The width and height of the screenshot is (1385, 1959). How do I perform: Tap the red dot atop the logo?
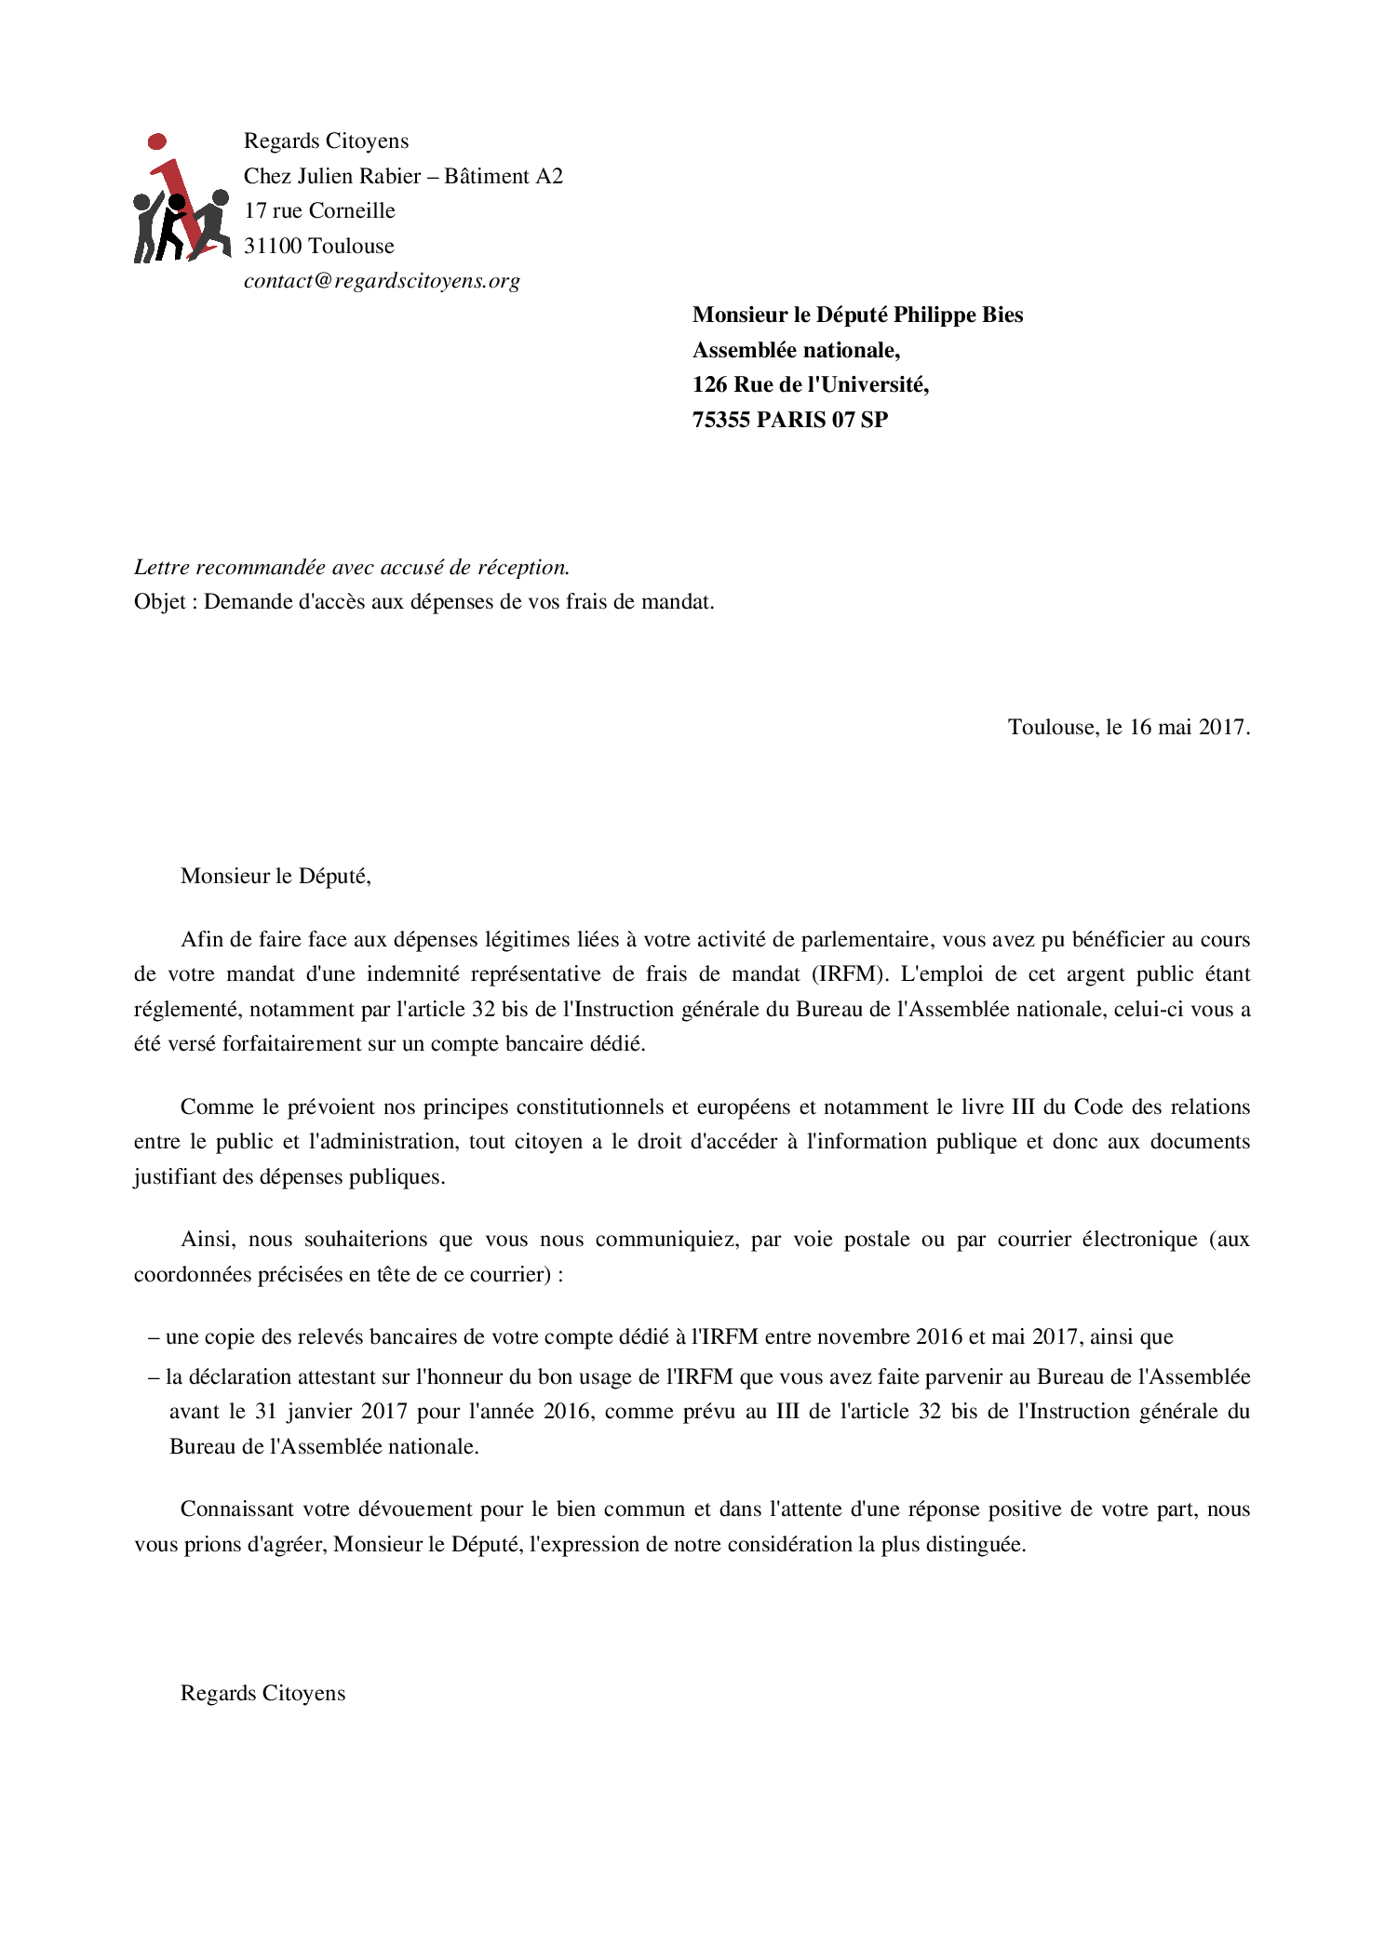tap(157, 141)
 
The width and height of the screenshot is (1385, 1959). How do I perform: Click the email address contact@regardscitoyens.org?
tap(382, 281)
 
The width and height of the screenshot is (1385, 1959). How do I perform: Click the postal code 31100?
tap(273, 246)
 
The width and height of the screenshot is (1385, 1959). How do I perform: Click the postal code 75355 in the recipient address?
tap(720, 420)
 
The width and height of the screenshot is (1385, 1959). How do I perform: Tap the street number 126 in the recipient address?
tap(709, 384)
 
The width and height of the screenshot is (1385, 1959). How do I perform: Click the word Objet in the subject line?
tap(159, 601)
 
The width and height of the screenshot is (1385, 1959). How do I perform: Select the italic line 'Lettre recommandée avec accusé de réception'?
tap(351, 567)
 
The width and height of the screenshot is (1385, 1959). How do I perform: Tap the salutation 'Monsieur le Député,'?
tap(276, 876)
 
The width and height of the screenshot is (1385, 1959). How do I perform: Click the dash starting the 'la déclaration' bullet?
tap(154, 1376)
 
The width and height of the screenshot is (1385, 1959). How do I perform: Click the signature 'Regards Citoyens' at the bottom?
tap(262, 1693)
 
